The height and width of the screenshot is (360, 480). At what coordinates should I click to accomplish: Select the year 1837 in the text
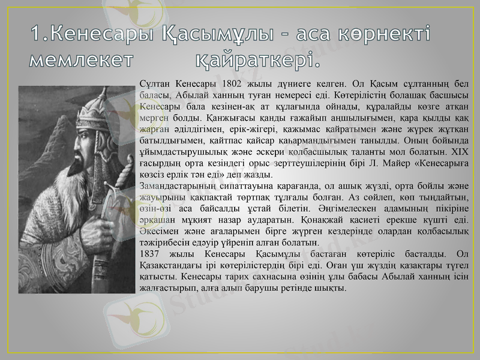point(149,254)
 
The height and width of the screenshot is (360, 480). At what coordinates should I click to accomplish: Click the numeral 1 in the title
point(37,34)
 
